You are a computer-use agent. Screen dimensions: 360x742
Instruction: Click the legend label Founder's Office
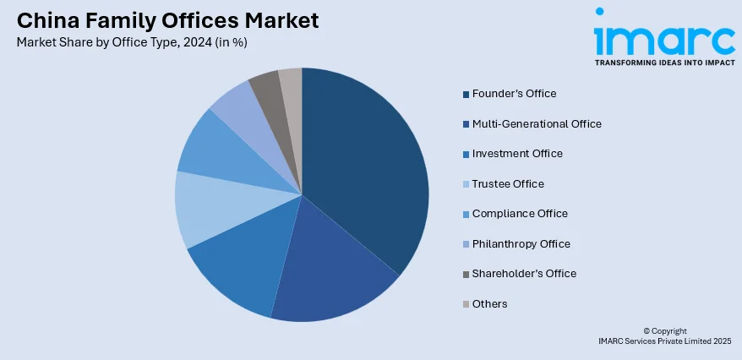tap(514, 93)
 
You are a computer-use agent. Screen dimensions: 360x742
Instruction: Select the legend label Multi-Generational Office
tap(537, 123)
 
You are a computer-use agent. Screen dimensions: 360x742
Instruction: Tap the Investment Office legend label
tap(517, 153)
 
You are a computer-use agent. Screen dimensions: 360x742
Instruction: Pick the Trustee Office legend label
tap(508, 183)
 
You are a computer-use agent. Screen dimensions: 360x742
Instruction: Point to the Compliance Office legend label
tap(520, 213)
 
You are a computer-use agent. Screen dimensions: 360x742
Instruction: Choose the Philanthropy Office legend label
tap(521, 243)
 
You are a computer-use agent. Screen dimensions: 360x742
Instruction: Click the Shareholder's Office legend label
tap(524, 273)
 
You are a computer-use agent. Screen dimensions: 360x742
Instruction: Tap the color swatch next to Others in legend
tap(465, 304)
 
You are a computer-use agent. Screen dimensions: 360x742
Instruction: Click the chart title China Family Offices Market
tap(167, 19)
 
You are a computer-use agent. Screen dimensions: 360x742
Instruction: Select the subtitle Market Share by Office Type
tap(131, 42)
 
